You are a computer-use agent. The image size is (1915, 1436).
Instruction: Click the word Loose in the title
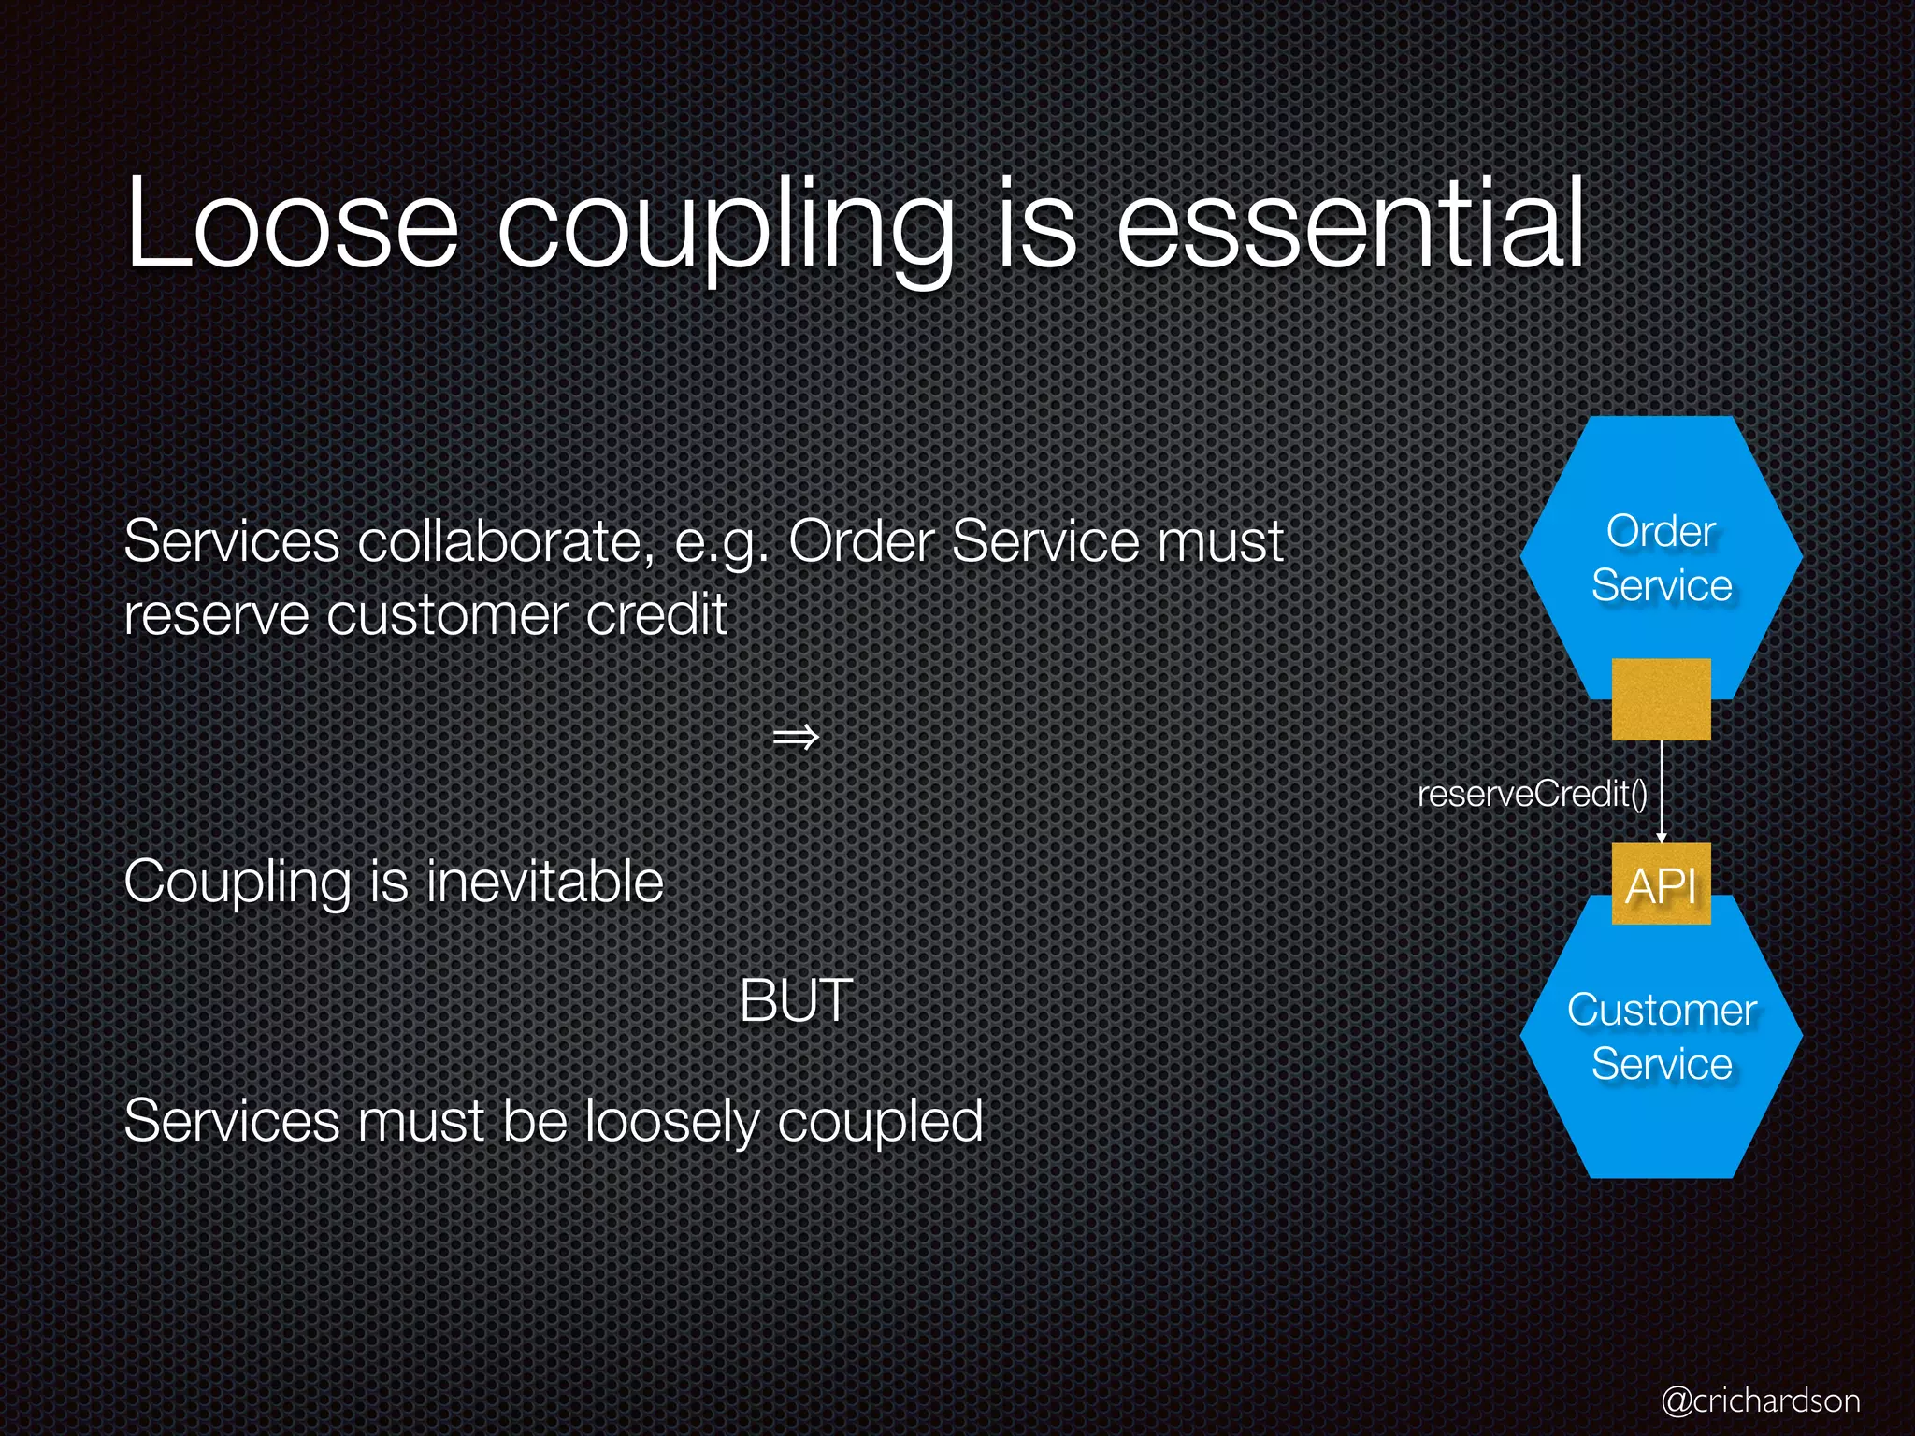click(292, 224)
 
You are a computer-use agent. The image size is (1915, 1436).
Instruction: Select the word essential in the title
click(1350, 224)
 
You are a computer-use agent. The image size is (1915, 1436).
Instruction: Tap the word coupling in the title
click(726, 229)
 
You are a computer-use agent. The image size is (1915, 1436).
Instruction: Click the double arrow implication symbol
click(796, 738)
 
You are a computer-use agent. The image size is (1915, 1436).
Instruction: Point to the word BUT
click(796, 1000)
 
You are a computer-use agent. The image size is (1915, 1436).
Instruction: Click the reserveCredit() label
click(1532, 794)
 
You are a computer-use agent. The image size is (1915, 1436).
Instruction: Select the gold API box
click(1661, 884)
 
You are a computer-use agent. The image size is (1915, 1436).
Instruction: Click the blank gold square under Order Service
click(1661, 699)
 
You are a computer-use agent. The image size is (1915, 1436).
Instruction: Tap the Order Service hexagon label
click(1661, 558)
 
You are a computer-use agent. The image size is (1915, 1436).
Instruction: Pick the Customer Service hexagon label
click(1661, 1037)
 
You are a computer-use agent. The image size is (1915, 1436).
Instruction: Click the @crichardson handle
click(1760, 1400)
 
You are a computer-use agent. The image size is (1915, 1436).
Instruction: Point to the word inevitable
click(544, 882)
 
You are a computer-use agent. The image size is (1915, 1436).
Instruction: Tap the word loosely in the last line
click(671, 1121)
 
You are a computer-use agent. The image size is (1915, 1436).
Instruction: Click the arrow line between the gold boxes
click(1662, 790)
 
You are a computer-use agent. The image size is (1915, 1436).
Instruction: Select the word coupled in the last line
click(880, 1121)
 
